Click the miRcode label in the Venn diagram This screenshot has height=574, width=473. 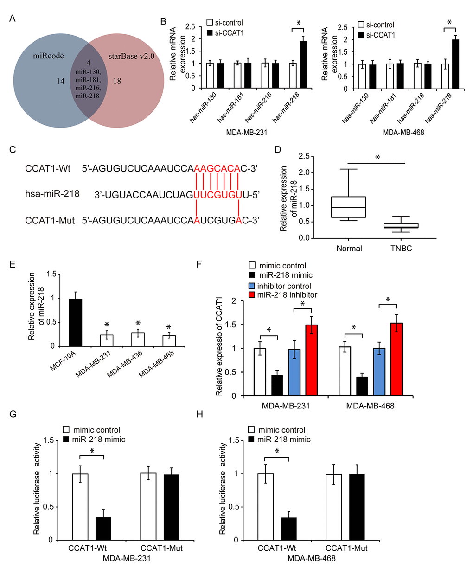coord(48,56)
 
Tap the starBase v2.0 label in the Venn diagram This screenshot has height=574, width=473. coord(131,56)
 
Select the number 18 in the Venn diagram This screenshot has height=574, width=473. coord(117,81)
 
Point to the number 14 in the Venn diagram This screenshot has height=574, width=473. coord(60,81)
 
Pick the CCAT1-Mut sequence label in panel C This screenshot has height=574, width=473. coord(50,220)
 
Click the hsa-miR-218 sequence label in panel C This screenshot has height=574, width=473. coord(52,193)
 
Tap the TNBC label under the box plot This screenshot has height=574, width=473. coord(401,248)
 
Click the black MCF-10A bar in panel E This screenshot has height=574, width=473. coord(76,323)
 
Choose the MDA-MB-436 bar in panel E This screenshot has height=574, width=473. coord(138,339)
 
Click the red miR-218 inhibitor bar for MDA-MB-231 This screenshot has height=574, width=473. coord(311,360)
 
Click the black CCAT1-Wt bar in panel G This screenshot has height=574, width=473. coord(103,528)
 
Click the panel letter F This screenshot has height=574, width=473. coord(199,264)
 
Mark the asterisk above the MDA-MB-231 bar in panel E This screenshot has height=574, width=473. coord(107,325)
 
